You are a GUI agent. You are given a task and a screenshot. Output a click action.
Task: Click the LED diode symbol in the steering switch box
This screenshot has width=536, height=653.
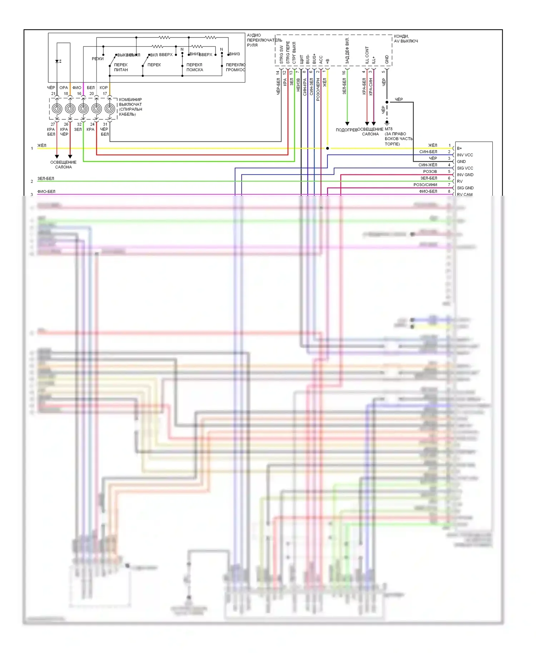[x=57, y=61]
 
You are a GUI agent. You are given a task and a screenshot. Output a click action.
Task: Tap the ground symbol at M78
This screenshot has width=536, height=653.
[x=387, y=123]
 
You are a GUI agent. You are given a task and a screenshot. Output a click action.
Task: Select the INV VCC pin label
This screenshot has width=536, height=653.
[x=465, y=155]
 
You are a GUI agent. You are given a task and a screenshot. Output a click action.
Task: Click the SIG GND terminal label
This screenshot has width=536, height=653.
[x=465, y=188]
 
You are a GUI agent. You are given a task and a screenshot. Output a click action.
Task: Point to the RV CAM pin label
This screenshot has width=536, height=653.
[x=465, y=194]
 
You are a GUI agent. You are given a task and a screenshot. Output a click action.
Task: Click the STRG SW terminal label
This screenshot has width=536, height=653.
[x=281, y=55]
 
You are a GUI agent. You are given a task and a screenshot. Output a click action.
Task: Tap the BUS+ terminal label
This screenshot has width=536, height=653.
[x=314, y=59]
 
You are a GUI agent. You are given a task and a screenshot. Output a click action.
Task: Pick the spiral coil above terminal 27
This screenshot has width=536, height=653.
[x=57, y=109]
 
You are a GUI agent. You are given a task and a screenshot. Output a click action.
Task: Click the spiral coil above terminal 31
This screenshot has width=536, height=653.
[x=110, y=109]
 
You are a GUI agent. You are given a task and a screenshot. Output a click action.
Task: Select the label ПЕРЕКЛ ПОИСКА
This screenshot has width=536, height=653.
[x=194, y=67]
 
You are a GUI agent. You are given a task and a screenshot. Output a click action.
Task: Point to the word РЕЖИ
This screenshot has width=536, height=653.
[x=98, y=59]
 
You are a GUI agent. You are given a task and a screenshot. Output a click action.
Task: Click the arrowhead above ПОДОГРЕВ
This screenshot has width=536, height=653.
[x=347, y=124]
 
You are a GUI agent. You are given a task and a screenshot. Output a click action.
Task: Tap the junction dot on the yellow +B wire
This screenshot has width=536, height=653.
[x=327, y=148]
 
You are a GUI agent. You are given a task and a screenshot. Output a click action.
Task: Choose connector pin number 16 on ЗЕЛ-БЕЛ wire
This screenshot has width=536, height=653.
[x=344, y=73]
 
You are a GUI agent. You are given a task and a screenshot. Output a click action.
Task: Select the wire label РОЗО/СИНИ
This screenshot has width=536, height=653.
[x=425, y=185]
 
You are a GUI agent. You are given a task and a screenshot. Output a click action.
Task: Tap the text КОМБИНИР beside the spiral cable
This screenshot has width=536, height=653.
[x=130, y=100]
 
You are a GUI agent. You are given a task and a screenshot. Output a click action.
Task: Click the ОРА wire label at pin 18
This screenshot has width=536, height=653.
[x=64, y=88]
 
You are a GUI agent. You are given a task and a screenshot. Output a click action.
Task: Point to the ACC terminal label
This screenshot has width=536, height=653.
[x=321, y=60]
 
